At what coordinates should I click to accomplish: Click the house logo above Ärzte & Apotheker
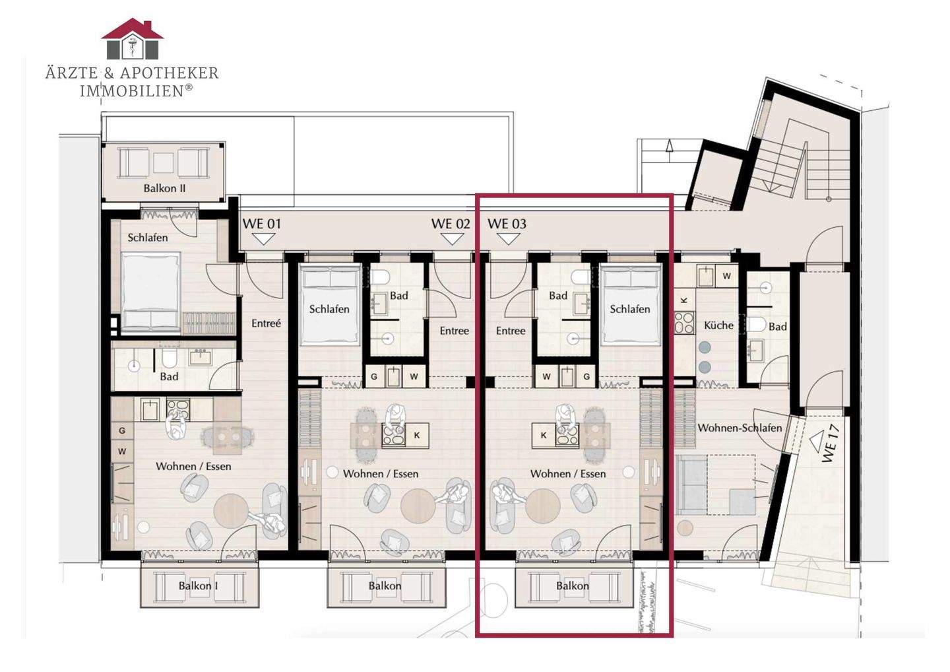coord(133,38)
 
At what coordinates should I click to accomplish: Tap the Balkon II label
coord(164,188)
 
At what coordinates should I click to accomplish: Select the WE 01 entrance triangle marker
coord(263,239)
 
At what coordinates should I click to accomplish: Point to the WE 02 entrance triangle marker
coord(452,239)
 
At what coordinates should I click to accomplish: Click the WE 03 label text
coord(507,224)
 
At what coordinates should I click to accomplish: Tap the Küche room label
coord(718,325)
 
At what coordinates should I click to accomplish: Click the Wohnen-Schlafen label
coord(740,428)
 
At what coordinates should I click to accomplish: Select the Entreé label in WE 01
coord(266,323)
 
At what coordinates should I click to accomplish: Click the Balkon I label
coord(198,586)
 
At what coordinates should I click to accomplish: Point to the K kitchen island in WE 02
coord(417,435)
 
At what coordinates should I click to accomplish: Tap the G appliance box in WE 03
coord(586,376)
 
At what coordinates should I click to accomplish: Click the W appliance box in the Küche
coord(726,276)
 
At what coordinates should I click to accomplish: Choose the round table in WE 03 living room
coord(543,506)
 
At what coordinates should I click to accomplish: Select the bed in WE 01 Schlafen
coord(150,292)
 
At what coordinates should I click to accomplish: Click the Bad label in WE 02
coord(398,296)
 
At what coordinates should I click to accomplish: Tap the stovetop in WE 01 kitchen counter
coord(178,410)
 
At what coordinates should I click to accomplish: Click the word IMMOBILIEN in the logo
coord(133,91)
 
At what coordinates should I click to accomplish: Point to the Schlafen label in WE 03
coord(630,310)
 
